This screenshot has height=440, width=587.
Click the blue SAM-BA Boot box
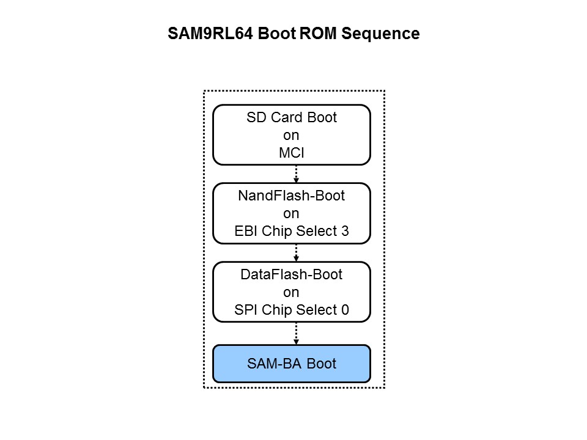[292, 364]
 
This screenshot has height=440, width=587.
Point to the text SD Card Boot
[292, 118]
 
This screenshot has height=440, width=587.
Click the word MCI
[292, 153]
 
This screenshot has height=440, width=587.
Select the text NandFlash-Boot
[292, 196]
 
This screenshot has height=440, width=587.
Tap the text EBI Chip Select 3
[292, 231]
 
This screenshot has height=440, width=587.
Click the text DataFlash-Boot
[292, 275]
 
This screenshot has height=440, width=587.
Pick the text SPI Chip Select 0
[292, 310]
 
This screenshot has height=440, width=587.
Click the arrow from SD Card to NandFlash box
[297, 174]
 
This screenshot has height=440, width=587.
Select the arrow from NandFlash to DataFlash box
[297, 253]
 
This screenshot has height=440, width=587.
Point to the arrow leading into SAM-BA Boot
[297, 333]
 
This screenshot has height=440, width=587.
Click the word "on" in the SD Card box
[292, 136]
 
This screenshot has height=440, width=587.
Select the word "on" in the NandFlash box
[292, 214]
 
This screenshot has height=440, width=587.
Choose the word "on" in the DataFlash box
[292, 293]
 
